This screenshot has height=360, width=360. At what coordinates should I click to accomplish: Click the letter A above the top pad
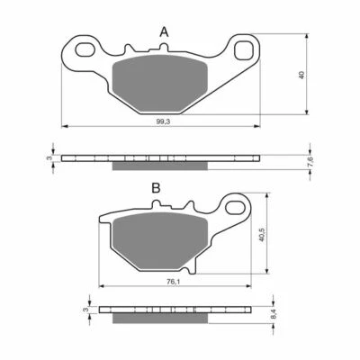(164, 32)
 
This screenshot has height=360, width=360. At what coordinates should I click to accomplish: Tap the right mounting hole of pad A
(244, 51)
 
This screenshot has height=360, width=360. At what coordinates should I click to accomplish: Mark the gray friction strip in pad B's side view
(153, 318)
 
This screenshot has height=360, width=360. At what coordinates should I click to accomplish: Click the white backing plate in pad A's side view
(162, 157)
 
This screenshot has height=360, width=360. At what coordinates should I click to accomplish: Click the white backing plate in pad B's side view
(171, 310)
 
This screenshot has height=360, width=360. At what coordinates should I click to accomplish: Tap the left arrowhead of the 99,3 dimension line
(63, 125)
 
